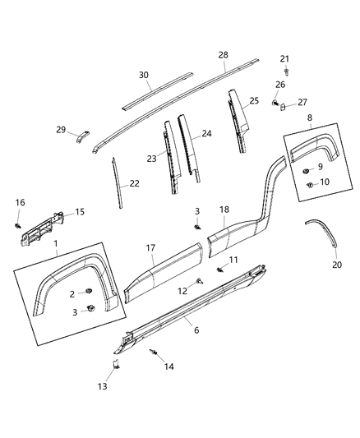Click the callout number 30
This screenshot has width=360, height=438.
pyautogui.click(x=143, y=75)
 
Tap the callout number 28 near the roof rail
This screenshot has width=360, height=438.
pyautogui.click(x=223, y=54)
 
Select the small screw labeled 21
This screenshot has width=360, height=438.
pyautogui.click(x=284, y=71)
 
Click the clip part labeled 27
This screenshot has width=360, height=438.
pyautogui.click(x=282, y=105)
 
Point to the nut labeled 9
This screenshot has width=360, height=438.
pyautogui.click(x=306, y=170)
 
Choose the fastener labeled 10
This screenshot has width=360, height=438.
pyautogui.click(x=309, y=184)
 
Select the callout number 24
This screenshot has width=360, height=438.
pyautogui.click(x=206, y=132)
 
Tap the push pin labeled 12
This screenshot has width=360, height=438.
pyautogui.click(x=200, y=282)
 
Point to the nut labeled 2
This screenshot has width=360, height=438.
pyautogui.click(x=87, y=294)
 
